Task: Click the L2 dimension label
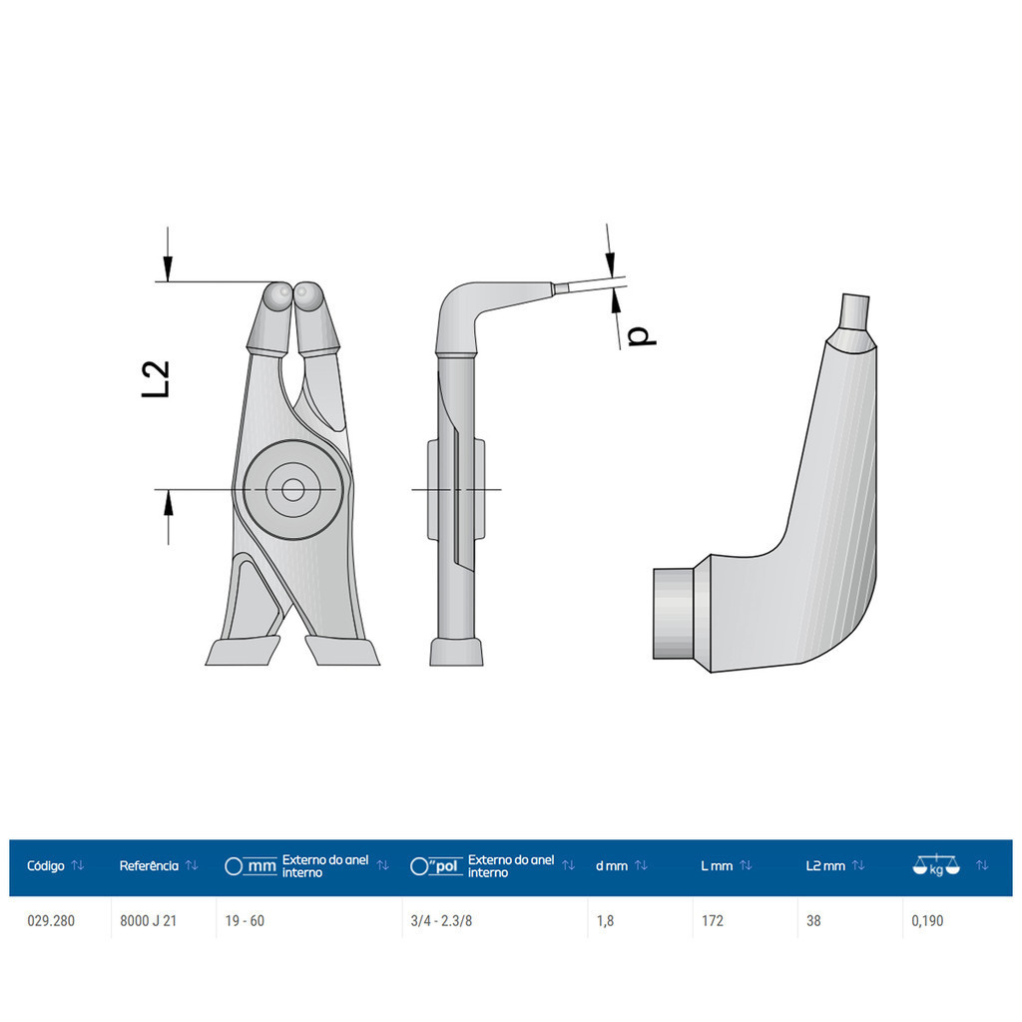tap(156, 378)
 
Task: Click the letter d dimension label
tap(642, 335)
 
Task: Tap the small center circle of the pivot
tap(293, 489)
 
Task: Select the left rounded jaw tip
tap(277, 296)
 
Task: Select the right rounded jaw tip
tap(308, 296)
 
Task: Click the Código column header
tap(46, 865)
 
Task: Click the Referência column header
tap(149, 865)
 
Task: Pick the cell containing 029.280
tap(51, 921)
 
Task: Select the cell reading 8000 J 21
tap(148, 921)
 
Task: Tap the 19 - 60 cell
tap(245, 921)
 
